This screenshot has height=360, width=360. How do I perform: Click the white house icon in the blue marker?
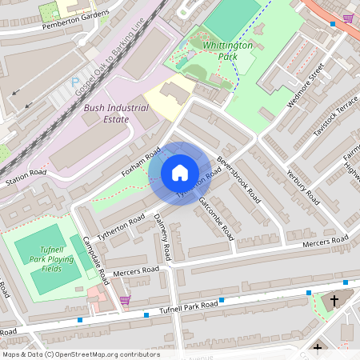(x=180, y=173)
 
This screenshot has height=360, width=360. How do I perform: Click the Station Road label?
(x=26, y=178)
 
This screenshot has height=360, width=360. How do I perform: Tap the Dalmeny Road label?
(x=162, y=238)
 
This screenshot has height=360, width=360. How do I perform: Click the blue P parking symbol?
(x=76, y=82)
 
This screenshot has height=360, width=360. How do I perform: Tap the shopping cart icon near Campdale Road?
(x=124, y=301)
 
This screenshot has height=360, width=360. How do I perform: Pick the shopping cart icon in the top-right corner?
(x=347, y=18)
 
